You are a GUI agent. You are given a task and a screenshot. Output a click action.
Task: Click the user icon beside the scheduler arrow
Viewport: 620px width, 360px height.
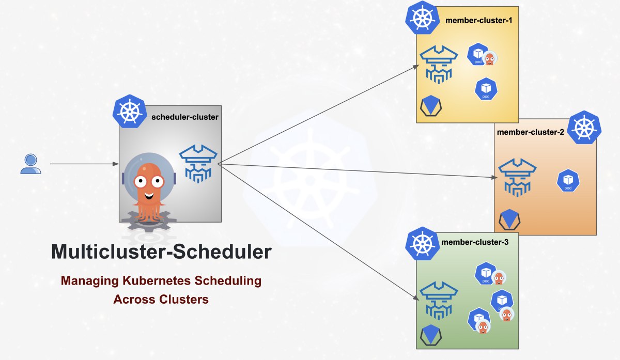30,164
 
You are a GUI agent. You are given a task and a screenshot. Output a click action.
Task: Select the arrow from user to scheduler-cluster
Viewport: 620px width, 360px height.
84,164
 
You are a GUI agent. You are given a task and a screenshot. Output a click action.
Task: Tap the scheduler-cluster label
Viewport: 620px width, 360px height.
185,117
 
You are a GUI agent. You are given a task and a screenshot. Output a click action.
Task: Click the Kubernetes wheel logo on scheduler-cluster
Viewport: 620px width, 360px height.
130,111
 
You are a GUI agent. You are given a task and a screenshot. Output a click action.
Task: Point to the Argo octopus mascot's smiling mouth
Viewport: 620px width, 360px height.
149,196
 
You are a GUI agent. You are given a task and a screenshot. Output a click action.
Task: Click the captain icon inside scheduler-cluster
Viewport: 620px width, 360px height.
198,164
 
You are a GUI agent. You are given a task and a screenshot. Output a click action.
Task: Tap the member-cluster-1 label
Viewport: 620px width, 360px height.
479,21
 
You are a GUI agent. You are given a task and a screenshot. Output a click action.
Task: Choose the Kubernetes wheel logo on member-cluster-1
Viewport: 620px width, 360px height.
423,18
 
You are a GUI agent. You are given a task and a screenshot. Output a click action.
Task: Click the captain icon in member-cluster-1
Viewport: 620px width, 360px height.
439,65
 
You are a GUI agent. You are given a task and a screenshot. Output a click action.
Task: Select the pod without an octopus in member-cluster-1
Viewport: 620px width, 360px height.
486,89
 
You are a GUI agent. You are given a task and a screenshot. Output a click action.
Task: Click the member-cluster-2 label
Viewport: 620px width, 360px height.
530,132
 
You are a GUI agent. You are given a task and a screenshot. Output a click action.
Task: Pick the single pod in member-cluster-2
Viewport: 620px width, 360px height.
568,181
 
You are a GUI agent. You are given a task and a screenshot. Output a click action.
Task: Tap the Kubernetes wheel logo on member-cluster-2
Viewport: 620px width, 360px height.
584,127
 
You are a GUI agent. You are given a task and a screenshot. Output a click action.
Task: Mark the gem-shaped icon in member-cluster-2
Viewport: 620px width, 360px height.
509,220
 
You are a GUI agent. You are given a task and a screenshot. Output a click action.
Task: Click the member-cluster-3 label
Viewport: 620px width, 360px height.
475,242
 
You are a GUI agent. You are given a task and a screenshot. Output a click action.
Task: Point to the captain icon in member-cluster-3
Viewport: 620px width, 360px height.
439,301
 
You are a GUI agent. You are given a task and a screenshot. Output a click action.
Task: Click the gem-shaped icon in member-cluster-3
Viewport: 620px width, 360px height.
431,335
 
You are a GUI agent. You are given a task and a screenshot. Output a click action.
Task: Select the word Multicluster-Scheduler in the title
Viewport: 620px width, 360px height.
161,252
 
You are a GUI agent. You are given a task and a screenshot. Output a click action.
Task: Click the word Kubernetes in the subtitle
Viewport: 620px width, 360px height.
157,280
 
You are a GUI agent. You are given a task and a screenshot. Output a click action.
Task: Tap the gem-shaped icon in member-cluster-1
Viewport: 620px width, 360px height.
431,106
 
